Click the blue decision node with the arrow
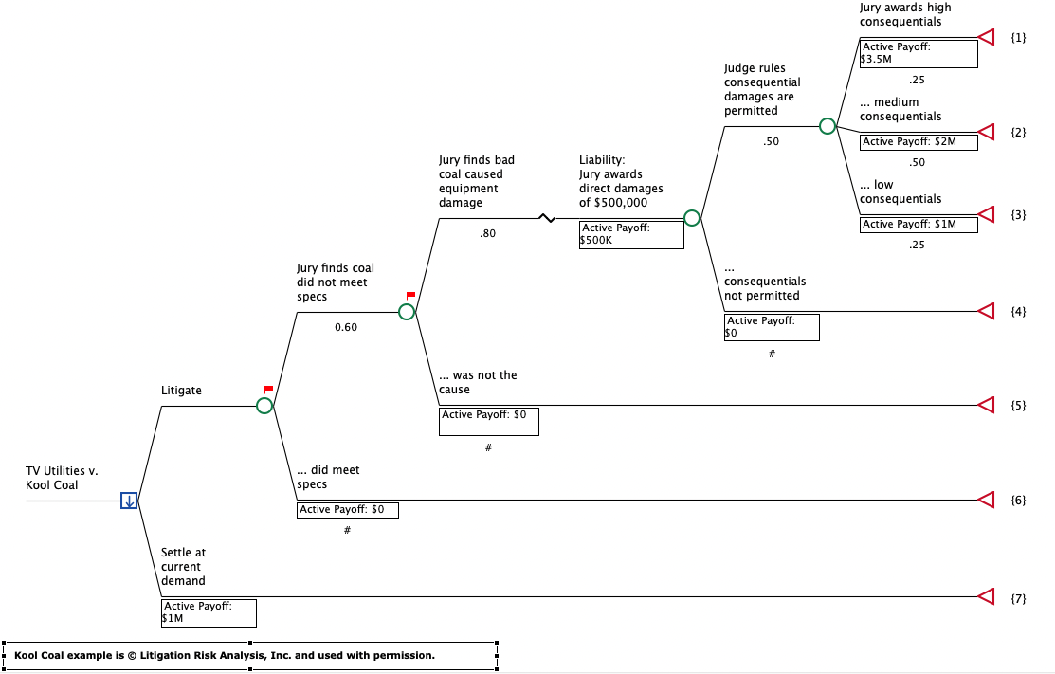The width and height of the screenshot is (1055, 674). (x=129, y=501)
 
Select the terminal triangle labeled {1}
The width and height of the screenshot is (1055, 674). (x=986, y=37)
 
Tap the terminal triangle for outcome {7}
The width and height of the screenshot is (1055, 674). (x=986, y=596)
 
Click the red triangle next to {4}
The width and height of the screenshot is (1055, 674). (x=986, y=311)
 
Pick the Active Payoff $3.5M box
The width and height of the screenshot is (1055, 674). (x=918, y=53)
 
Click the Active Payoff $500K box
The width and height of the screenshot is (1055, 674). (x=631, y=234)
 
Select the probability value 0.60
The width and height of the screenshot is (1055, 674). (x=346, y=328)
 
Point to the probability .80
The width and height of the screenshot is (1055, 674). (x=487, y=233)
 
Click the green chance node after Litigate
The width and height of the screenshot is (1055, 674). (x=264, y=406)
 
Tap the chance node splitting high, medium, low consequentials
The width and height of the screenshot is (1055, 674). (x=827, y=126)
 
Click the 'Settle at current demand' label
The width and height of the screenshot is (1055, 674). (x=183, y=566)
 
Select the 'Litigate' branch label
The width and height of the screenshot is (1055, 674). (x=181, y=390)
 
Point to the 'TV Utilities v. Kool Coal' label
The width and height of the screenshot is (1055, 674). (x=63, y=478)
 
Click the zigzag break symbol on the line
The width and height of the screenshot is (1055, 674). (x=546, y=218)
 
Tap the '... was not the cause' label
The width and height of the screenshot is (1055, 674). (x=478, y=382)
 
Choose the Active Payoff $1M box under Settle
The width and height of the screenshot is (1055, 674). (x=209, y=612)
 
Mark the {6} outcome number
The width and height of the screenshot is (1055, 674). (x=1018, y=500)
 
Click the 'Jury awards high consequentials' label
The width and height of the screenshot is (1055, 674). (x=905, y=14)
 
